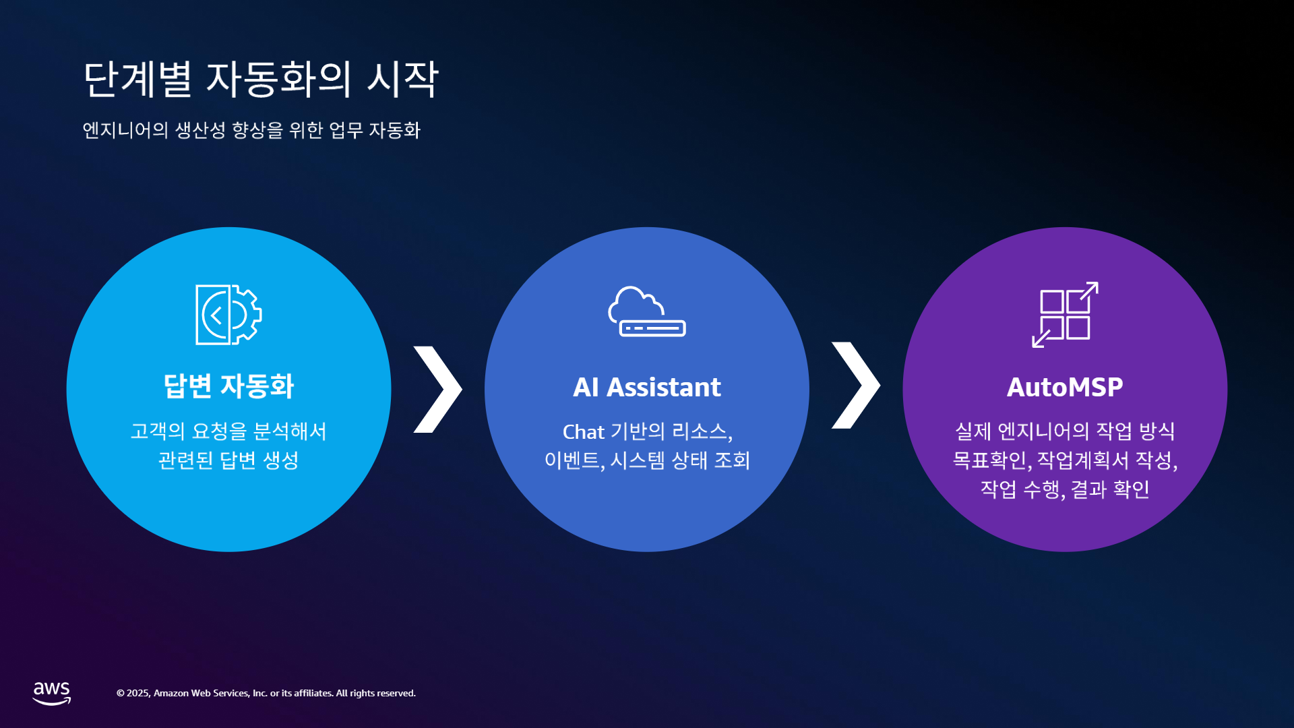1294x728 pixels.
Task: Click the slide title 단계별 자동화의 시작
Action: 261,80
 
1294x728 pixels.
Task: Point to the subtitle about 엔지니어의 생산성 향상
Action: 251,130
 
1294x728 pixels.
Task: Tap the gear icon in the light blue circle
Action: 228,315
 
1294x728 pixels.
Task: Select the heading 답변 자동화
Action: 228,386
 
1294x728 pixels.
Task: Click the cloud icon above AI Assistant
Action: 646,311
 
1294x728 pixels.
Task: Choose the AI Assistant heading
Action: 647,388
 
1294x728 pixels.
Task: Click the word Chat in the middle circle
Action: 584,432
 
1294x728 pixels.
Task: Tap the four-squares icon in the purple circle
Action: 1065,315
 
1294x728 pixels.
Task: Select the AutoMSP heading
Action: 1065,388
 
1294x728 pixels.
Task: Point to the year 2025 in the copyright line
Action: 138,694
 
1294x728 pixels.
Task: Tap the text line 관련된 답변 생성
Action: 228,460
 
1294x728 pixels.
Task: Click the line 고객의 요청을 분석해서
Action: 228,431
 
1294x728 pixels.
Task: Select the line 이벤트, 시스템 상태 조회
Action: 647,460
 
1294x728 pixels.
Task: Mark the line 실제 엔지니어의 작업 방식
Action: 1065,431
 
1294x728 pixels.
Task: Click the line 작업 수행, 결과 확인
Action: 1065,489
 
